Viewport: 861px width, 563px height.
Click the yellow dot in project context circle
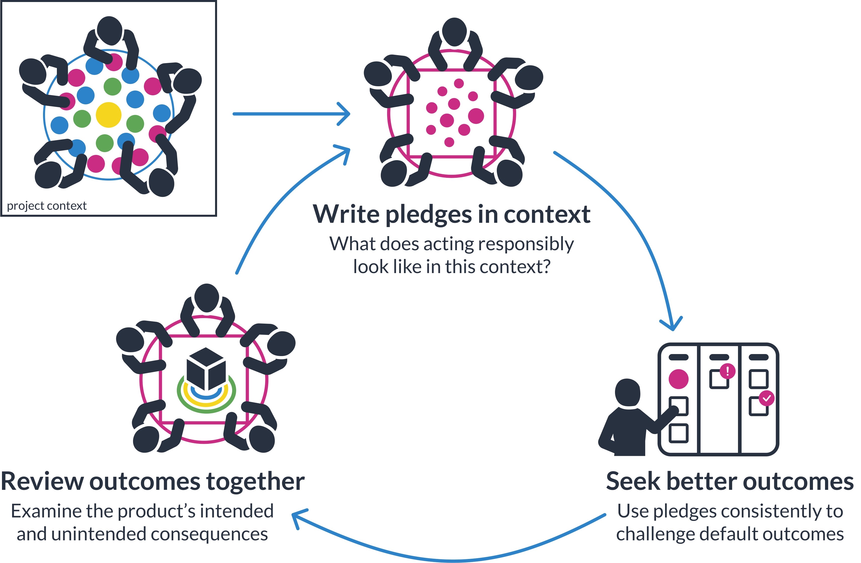coord(108,115)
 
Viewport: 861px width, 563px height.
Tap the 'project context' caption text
coord(47,206)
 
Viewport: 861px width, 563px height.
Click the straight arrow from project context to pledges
coord(290,114)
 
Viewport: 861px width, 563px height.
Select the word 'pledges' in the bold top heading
coord(428,215)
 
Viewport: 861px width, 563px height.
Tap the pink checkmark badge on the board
coord(766,399)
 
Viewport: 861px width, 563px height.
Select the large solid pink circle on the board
coord(678,379)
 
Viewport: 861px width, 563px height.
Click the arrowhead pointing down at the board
coord(672,325)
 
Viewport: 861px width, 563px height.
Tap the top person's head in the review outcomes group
coord(207,297)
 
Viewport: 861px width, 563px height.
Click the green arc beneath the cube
coord(206,409)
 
